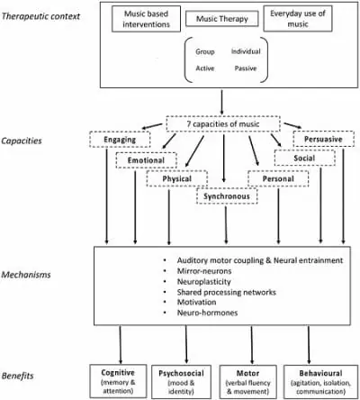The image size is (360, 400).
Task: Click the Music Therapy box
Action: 222,19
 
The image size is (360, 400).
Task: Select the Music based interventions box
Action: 146,19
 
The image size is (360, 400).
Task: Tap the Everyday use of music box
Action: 298,18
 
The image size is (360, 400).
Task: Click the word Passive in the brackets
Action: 246,68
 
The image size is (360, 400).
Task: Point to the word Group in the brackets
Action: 205,51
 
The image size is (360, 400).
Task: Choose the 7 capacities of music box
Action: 223,123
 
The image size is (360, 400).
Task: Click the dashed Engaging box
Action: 120,140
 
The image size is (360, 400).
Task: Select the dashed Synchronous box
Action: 227,196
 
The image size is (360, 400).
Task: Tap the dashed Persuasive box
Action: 323,139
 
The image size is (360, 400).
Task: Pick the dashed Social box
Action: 304,158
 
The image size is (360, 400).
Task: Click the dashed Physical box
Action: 177,178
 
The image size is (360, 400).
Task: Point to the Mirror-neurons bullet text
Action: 204,271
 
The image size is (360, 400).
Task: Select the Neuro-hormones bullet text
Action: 207,313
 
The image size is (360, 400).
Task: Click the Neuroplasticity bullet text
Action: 204,282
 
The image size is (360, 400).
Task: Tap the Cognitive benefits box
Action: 118,381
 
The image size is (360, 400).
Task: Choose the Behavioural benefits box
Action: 320,382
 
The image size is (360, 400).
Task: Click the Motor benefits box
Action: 248,382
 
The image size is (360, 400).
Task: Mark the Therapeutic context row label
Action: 40,16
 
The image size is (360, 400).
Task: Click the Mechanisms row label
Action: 26,275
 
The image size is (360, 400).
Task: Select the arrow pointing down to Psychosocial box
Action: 186,345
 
